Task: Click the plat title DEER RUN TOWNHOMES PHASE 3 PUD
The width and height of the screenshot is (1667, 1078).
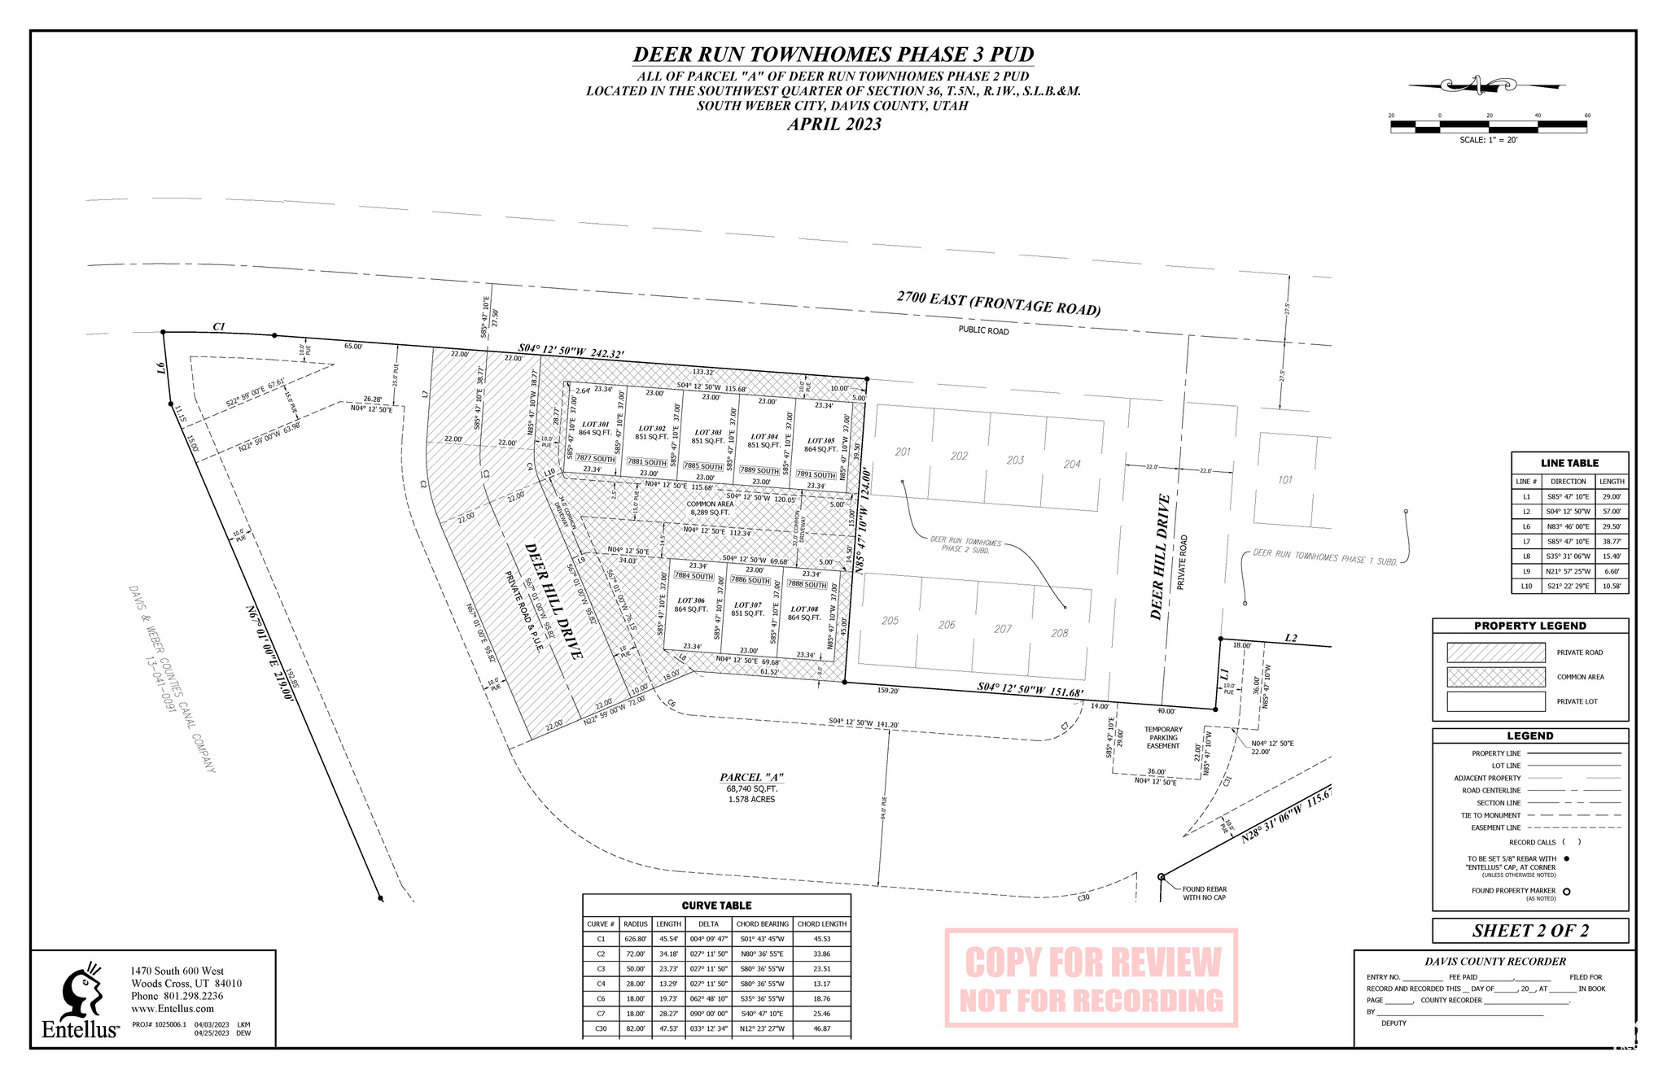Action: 833,55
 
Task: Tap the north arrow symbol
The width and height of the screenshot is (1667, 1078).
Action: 1475,84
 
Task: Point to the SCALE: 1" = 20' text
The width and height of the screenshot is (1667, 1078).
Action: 1488,140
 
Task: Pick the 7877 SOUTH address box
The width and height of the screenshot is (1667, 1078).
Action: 595,459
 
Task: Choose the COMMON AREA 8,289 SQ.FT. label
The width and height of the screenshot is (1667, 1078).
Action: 710,508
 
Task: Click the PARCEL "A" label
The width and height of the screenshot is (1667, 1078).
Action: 751,778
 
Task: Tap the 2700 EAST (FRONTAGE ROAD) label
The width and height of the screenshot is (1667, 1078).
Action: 999,303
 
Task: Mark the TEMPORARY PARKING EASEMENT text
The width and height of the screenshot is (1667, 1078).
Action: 1163,738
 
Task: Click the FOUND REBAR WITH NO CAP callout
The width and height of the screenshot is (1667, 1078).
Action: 1204,893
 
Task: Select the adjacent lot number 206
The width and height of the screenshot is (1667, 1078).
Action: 946,625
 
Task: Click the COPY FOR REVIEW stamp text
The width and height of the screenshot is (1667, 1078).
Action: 1092,963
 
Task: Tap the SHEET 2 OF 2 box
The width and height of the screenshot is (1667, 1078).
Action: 1529,931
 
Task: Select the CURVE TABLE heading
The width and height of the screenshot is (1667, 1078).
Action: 716,906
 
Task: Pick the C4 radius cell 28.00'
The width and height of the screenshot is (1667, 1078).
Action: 635,984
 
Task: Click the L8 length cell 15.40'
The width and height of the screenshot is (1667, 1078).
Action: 1611,556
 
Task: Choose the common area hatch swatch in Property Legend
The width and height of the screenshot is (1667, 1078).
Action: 1495,677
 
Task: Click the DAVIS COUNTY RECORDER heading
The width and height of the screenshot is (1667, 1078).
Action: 1494,962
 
